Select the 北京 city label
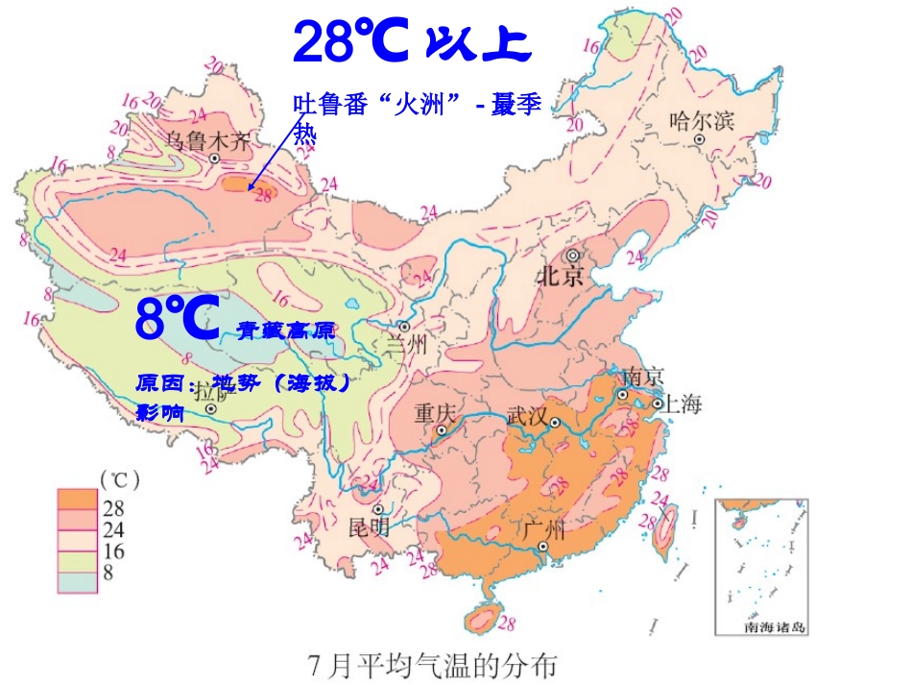pyautogui.click(x=561, y=278)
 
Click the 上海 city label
pyautogui.click(x=680, y=404)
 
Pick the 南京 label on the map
pyautogui.click(x=643, y=376)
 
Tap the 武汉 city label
pyautogui.click(x=526, y=416)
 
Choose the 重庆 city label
pyautogui.click(x=434, y=414)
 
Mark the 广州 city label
pyautogui.click(x=544, y=528)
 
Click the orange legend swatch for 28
pyautogui.click(x=77, y=500)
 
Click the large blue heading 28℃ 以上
pyautogui.click(x=411, y=41)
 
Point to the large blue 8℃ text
pyautogui.click(x=179, y=320)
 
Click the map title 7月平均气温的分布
pyautogui.click(x=431, y=664)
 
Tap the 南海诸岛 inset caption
pyautogui.click(x=775, y=627)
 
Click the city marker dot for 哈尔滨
pyautogui.click(x=701, y=139)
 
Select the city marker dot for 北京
pyautogui.click(x=573, y=256)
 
